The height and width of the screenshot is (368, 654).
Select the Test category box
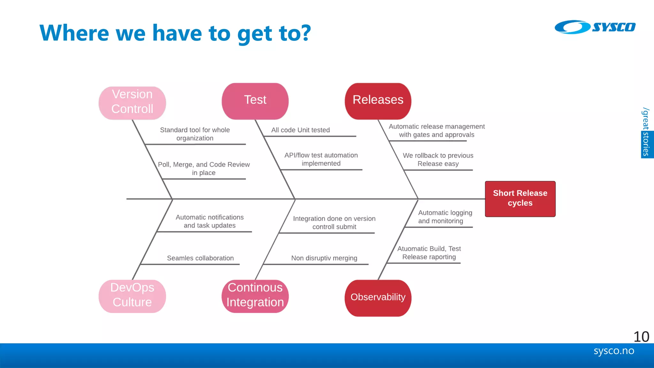pos(255,101)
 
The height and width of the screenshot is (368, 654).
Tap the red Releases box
pos(378,101)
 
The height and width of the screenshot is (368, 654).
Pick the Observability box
pos(378,298)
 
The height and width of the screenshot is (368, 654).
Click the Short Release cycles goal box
pos(520,199)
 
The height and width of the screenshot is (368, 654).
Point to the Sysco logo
pos(595,27)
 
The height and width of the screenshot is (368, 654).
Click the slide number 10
pos(641,337)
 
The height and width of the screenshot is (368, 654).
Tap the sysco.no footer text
pos(614,351)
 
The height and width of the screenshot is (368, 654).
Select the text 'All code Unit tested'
pos(300,130)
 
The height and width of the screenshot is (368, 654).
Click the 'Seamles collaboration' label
pos(200,258)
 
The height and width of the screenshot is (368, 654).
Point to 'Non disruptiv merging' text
pos(324,258)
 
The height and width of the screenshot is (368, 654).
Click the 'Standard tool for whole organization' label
pos(195,134)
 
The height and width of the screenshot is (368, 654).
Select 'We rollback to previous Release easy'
pos(438,160)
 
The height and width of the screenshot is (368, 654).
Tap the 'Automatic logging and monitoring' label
pos(445,217)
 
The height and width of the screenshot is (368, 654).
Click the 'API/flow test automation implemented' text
pos(321,159)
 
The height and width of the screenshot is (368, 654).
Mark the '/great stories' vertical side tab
pos(646,132)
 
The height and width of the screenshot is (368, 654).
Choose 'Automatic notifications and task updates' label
pos(209,221)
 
